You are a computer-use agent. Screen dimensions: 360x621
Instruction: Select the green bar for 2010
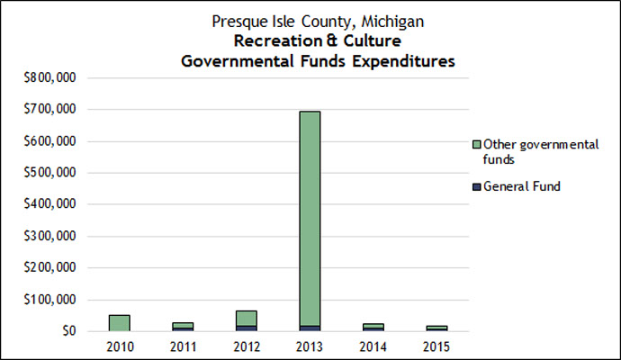click(x=120, y=322)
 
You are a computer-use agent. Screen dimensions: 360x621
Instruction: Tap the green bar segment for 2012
click(x=246, y=318)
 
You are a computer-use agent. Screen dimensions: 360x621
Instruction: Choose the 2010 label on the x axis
click(x=120, y=346)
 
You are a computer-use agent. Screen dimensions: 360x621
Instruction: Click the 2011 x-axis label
click(x=183, y=346)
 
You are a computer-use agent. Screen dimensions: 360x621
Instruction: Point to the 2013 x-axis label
click(x=309, y=346)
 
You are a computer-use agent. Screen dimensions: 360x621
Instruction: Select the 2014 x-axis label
click(x=372, y=346)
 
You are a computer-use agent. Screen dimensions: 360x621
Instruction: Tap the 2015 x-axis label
click(x=435, y=346)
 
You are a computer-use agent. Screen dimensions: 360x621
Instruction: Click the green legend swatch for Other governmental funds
click(x=477, y=144)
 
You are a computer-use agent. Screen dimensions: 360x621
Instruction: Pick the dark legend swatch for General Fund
click(x=477, y=186)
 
